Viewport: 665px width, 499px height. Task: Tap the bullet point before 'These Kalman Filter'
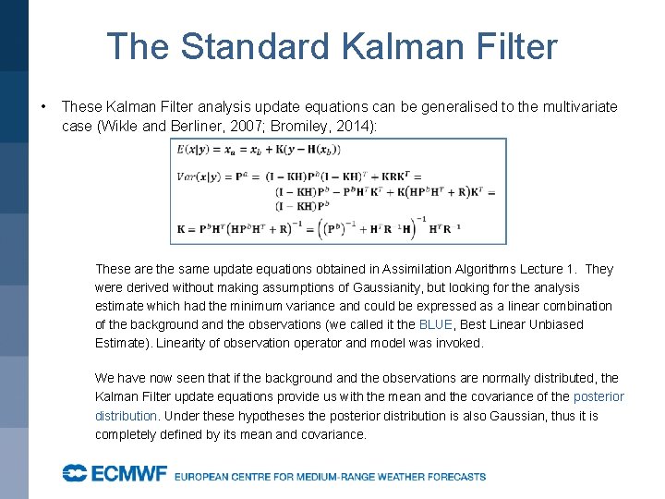pos(43,107)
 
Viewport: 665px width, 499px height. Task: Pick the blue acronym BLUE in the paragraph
pos(436,324)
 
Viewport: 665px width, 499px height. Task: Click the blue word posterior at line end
pos(598,396)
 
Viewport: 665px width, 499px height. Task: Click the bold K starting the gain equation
pos(177,227)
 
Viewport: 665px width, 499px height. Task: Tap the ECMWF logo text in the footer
pos(115,474)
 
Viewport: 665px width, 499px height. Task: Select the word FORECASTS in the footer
pos(452,477)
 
